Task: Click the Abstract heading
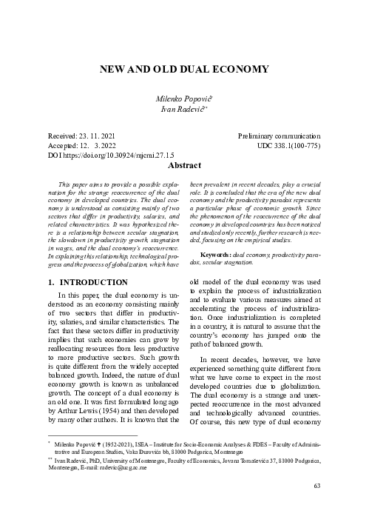pos(184,166)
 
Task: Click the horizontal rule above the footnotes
pos(92,437)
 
